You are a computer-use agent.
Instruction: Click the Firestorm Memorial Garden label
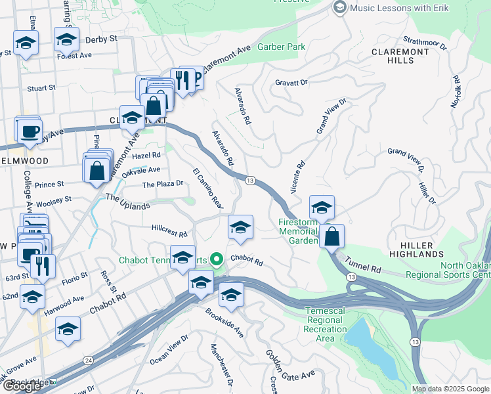pyautogui.click(x=297, y=231)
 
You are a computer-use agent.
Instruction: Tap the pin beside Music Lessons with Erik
pyautogui.click(x=339, y=8)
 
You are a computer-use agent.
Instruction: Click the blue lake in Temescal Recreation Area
pyautogui.click(x=368, y=347)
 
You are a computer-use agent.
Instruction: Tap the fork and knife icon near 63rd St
pyautogui.click(x=43, y=266)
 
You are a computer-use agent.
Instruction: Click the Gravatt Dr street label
pyautogui.click(x=291, y=83)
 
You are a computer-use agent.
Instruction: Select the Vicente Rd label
pyautogui.click(x=297, y=178)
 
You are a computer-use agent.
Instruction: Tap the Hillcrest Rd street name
pyautogui.click(x=169, y=232)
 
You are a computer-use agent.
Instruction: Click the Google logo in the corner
pyautogui.click(x=22, y=386)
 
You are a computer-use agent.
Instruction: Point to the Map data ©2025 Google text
pyautogui.click(x=450, y=389)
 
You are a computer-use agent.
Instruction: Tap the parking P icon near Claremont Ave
pyautogui.click(x=193, y=77)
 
